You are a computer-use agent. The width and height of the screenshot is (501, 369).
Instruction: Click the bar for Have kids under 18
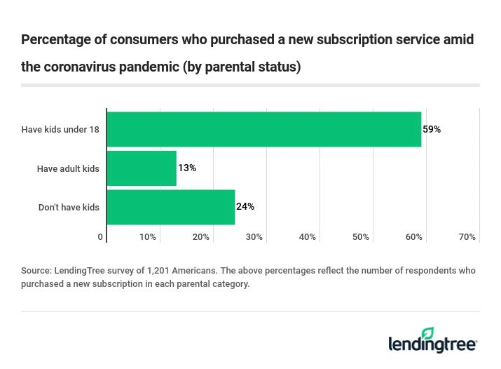click(263, 129)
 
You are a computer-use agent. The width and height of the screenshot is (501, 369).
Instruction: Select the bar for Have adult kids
click(142, 168)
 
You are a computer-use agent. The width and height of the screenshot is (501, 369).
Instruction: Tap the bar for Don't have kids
click(170, 207)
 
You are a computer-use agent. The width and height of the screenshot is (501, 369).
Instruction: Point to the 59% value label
click(432, 129)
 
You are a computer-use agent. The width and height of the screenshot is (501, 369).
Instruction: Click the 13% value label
click(187, 168)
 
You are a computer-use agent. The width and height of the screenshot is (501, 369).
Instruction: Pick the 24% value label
click(245, 207)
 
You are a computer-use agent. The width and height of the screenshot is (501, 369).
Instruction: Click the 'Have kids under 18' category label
click(60, 129)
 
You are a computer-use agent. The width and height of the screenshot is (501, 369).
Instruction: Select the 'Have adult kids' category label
click(68, 168)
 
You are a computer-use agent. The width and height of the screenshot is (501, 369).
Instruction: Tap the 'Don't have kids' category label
click(69, 207)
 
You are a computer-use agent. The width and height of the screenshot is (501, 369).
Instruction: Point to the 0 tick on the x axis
click(100, 237)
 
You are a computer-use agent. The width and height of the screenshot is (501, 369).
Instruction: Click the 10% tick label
click(147, 237)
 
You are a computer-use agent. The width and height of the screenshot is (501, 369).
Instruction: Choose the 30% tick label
click(254, 237)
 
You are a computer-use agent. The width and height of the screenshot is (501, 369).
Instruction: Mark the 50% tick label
click(360, 237)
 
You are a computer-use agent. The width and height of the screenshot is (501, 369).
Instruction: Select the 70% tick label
click(467, 237)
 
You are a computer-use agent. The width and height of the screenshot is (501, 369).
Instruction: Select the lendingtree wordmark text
click(432, 345)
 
